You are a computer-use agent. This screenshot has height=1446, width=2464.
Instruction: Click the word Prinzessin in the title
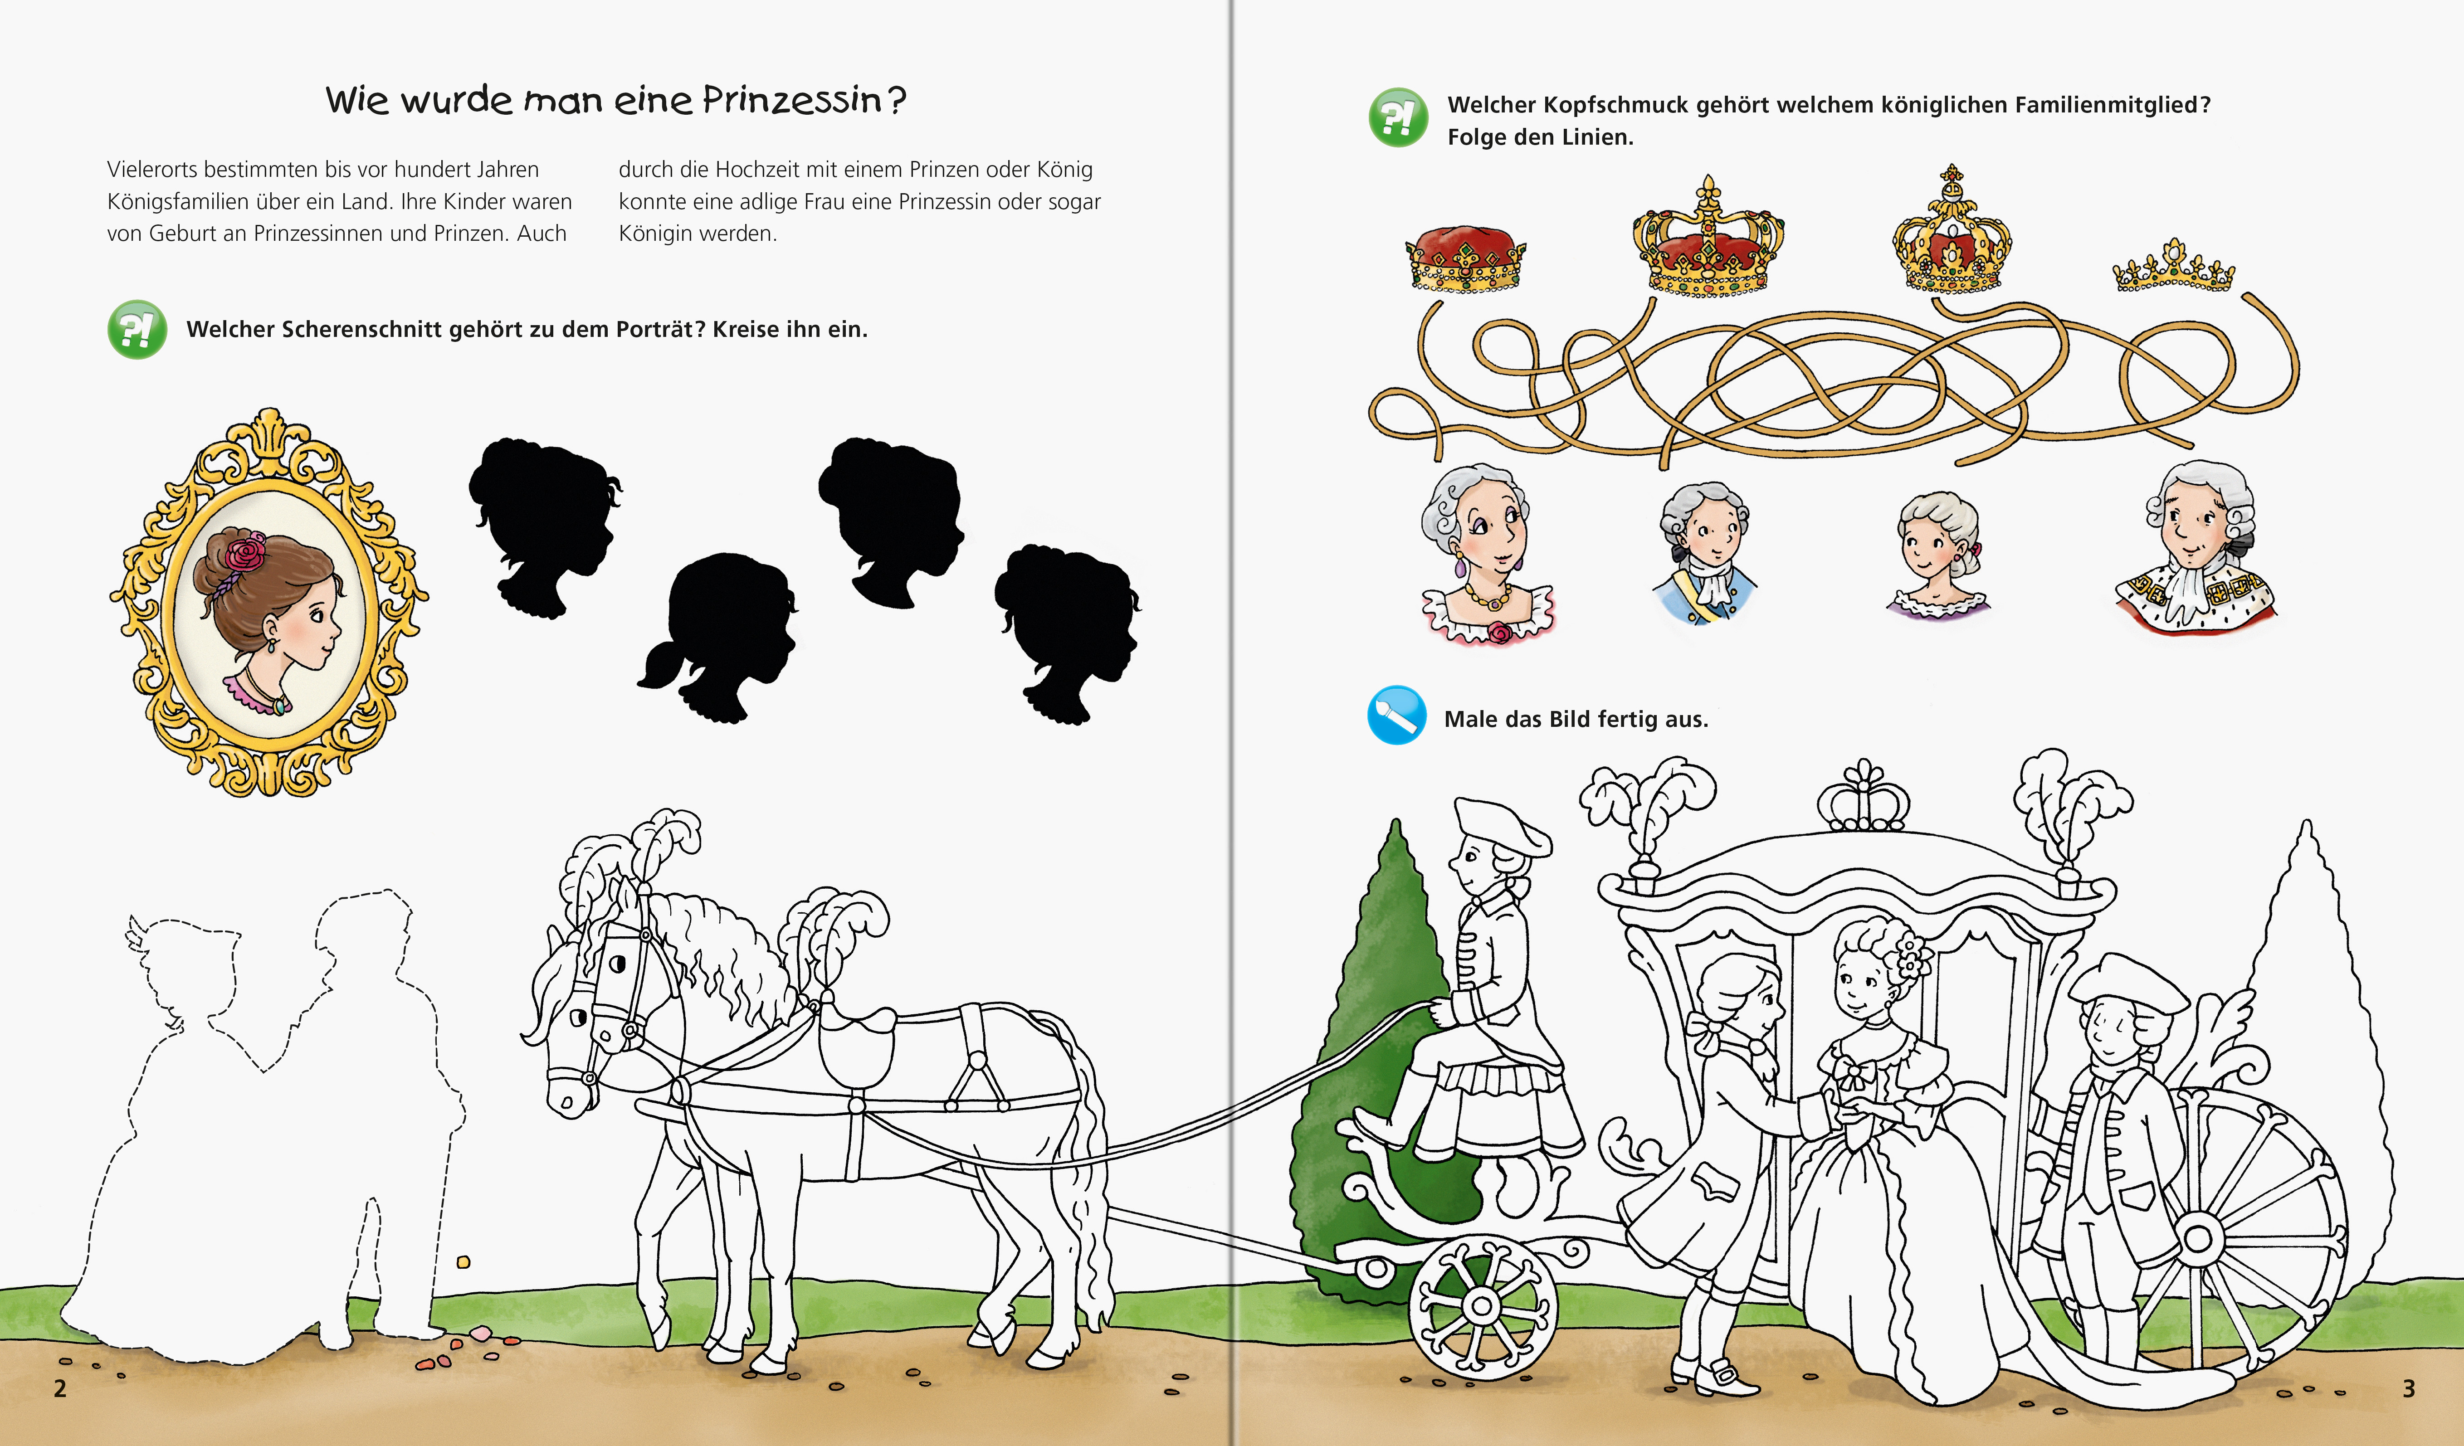792,100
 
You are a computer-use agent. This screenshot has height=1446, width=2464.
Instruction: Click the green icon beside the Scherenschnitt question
137,330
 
